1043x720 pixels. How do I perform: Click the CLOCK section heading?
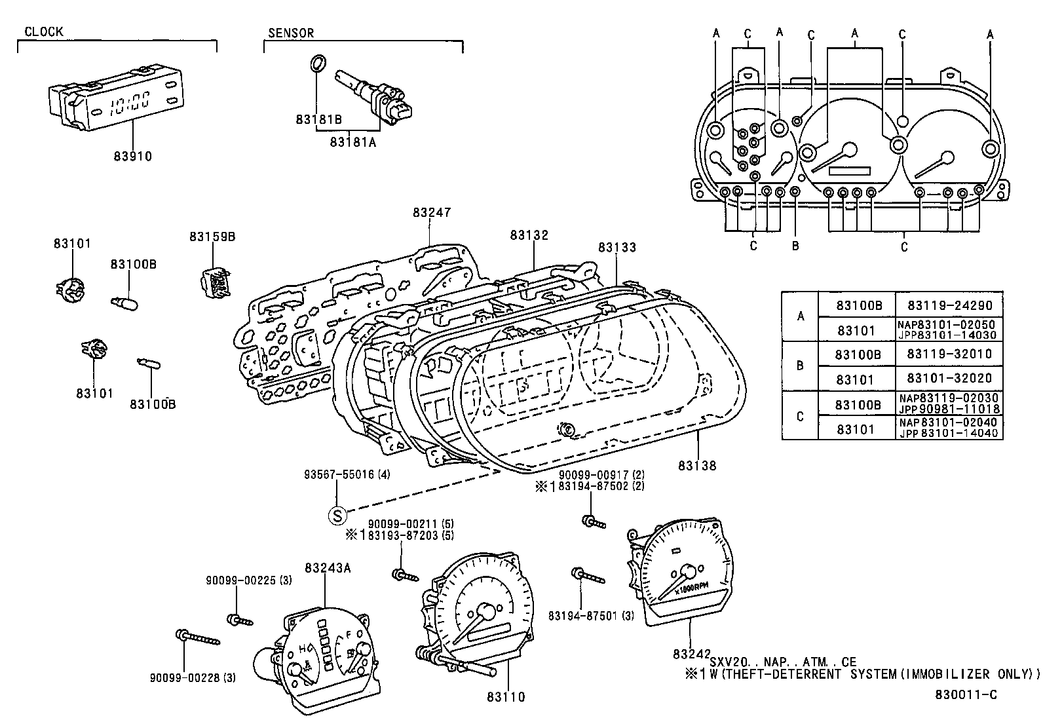coord(44,31)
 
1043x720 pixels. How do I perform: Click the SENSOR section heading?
coord(291,33)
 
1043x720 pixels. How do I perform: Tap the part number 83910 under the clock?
coord(132,156)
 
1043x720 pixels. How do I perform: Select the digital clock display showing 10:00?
coord(129,103)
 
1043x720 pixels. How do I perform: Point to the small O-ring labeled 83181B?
coord(316,64)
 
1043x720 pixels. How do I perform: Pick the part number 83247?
coord(432,212)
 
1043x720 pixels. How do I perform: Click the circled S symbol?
coord(336,516)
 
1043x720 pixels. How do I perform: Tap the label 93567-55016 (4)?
coord(347,474)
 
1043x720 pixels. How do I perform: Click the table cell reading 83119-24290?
coord(949,305)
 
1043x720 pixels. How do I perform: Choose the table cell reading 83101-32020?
coord(949,378)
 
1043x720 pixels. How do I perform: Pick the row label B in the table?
coord(799,366)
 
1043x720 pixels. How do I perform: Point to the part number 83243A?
coord(328,567)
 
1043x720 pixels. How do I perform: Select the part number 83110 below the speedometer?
coord(506,697)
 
